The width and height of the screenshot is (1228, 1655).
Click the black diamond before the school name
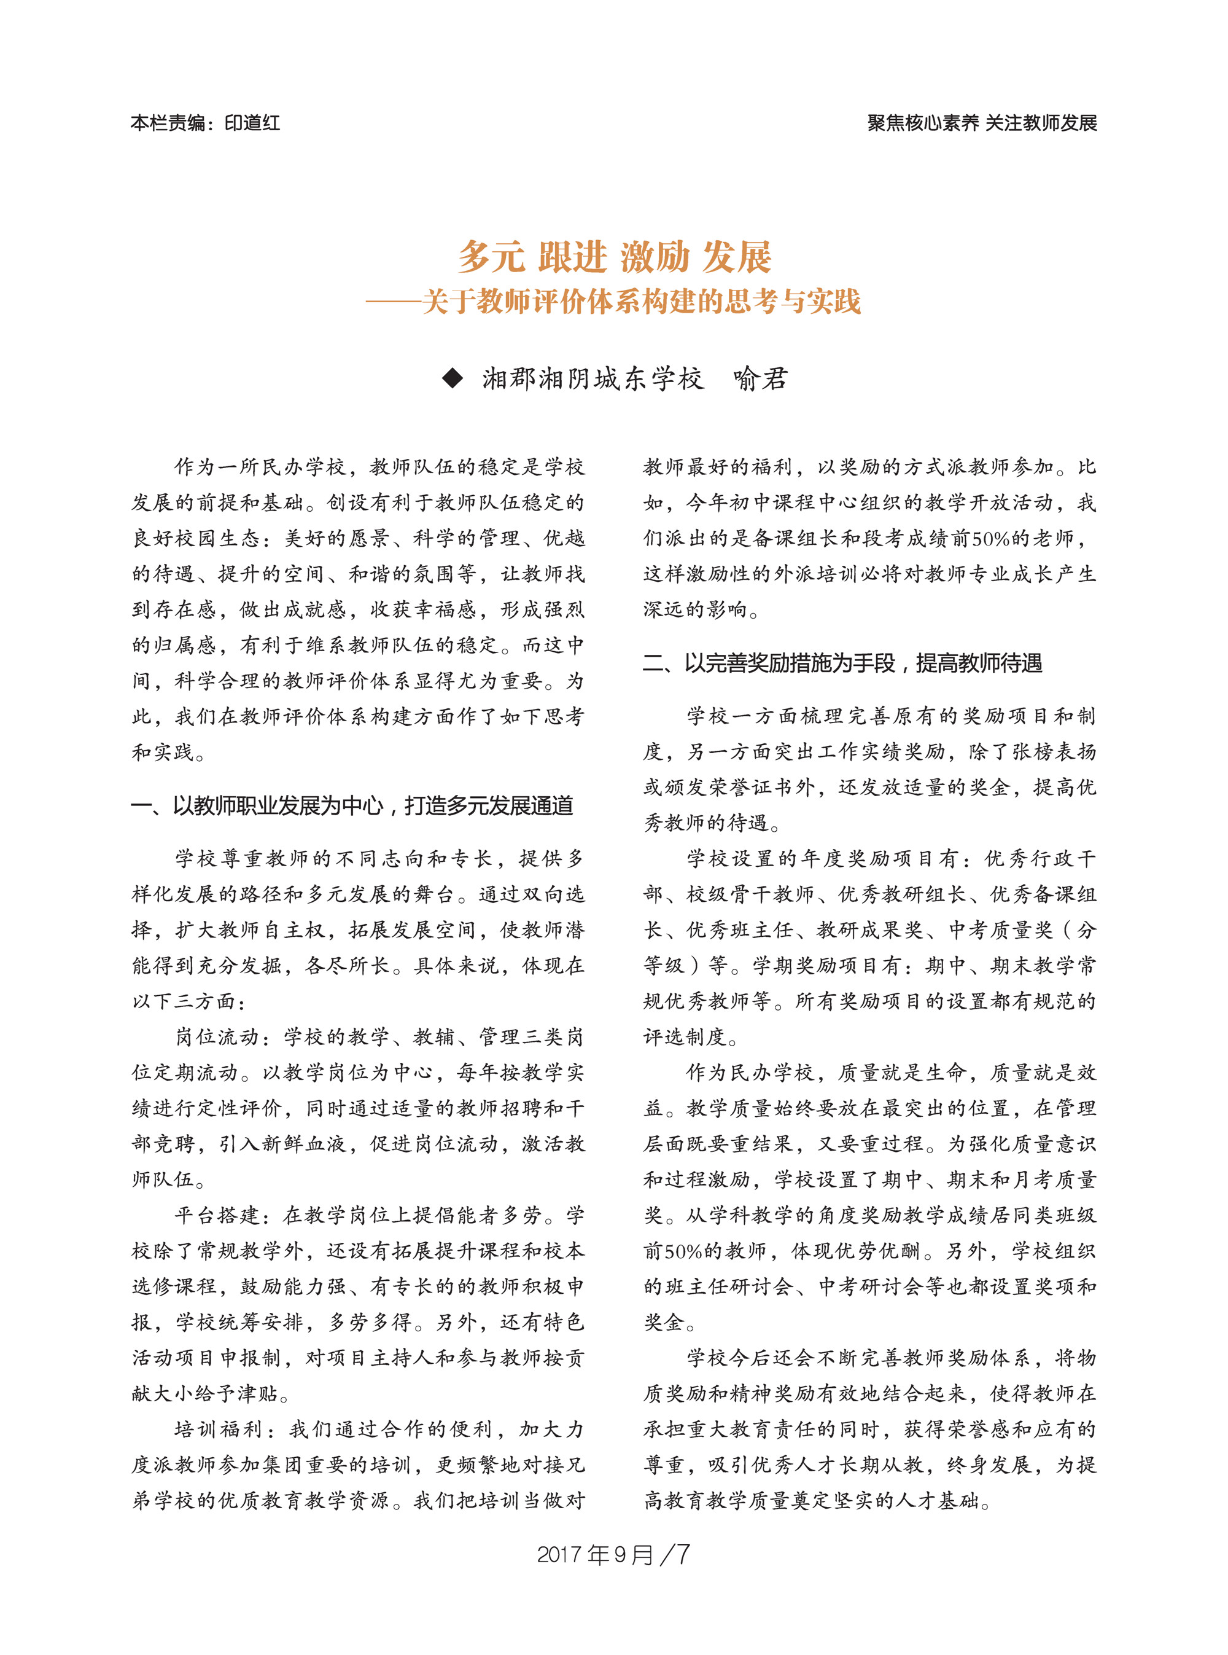click(452, 378)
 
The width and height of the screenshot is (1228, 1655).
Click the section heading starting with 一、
click(352, 805)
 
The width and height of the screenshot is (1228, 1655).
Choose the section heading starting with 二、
click(842, 663)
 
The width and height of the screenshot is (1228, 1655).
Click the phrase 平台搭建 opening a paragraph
click(217, 1215)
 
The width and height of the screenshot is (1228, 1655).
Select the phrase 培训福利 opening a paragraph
click(217, 1430)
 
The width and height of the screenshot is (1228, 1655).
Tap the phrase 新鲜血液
click(304, 1144)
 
